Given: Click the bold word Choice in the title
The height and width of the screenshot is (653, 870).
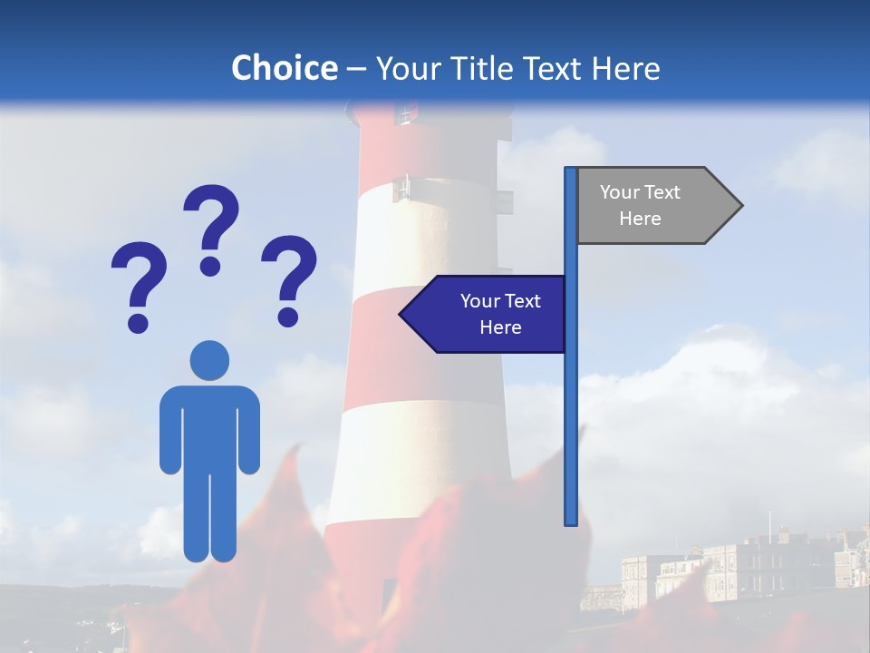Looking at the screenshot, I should click(x=284, y=68).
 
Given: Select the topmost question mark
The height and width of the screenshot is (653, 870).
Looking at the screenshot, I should click(x=211, y=228).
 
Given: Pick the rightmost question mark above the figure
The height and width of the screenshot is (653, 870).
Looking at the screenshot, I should click(x=289, y=278).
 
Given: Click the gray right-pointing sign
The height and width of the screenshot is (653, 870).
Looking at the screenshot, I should click(x=652, y=206).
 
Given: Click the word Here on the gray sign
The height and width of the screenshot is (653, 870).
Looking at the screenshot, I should click(x=640, y=219).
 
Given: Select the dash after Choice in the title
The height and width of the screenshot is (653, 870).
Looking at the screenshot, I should click(x=356, y=69).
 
